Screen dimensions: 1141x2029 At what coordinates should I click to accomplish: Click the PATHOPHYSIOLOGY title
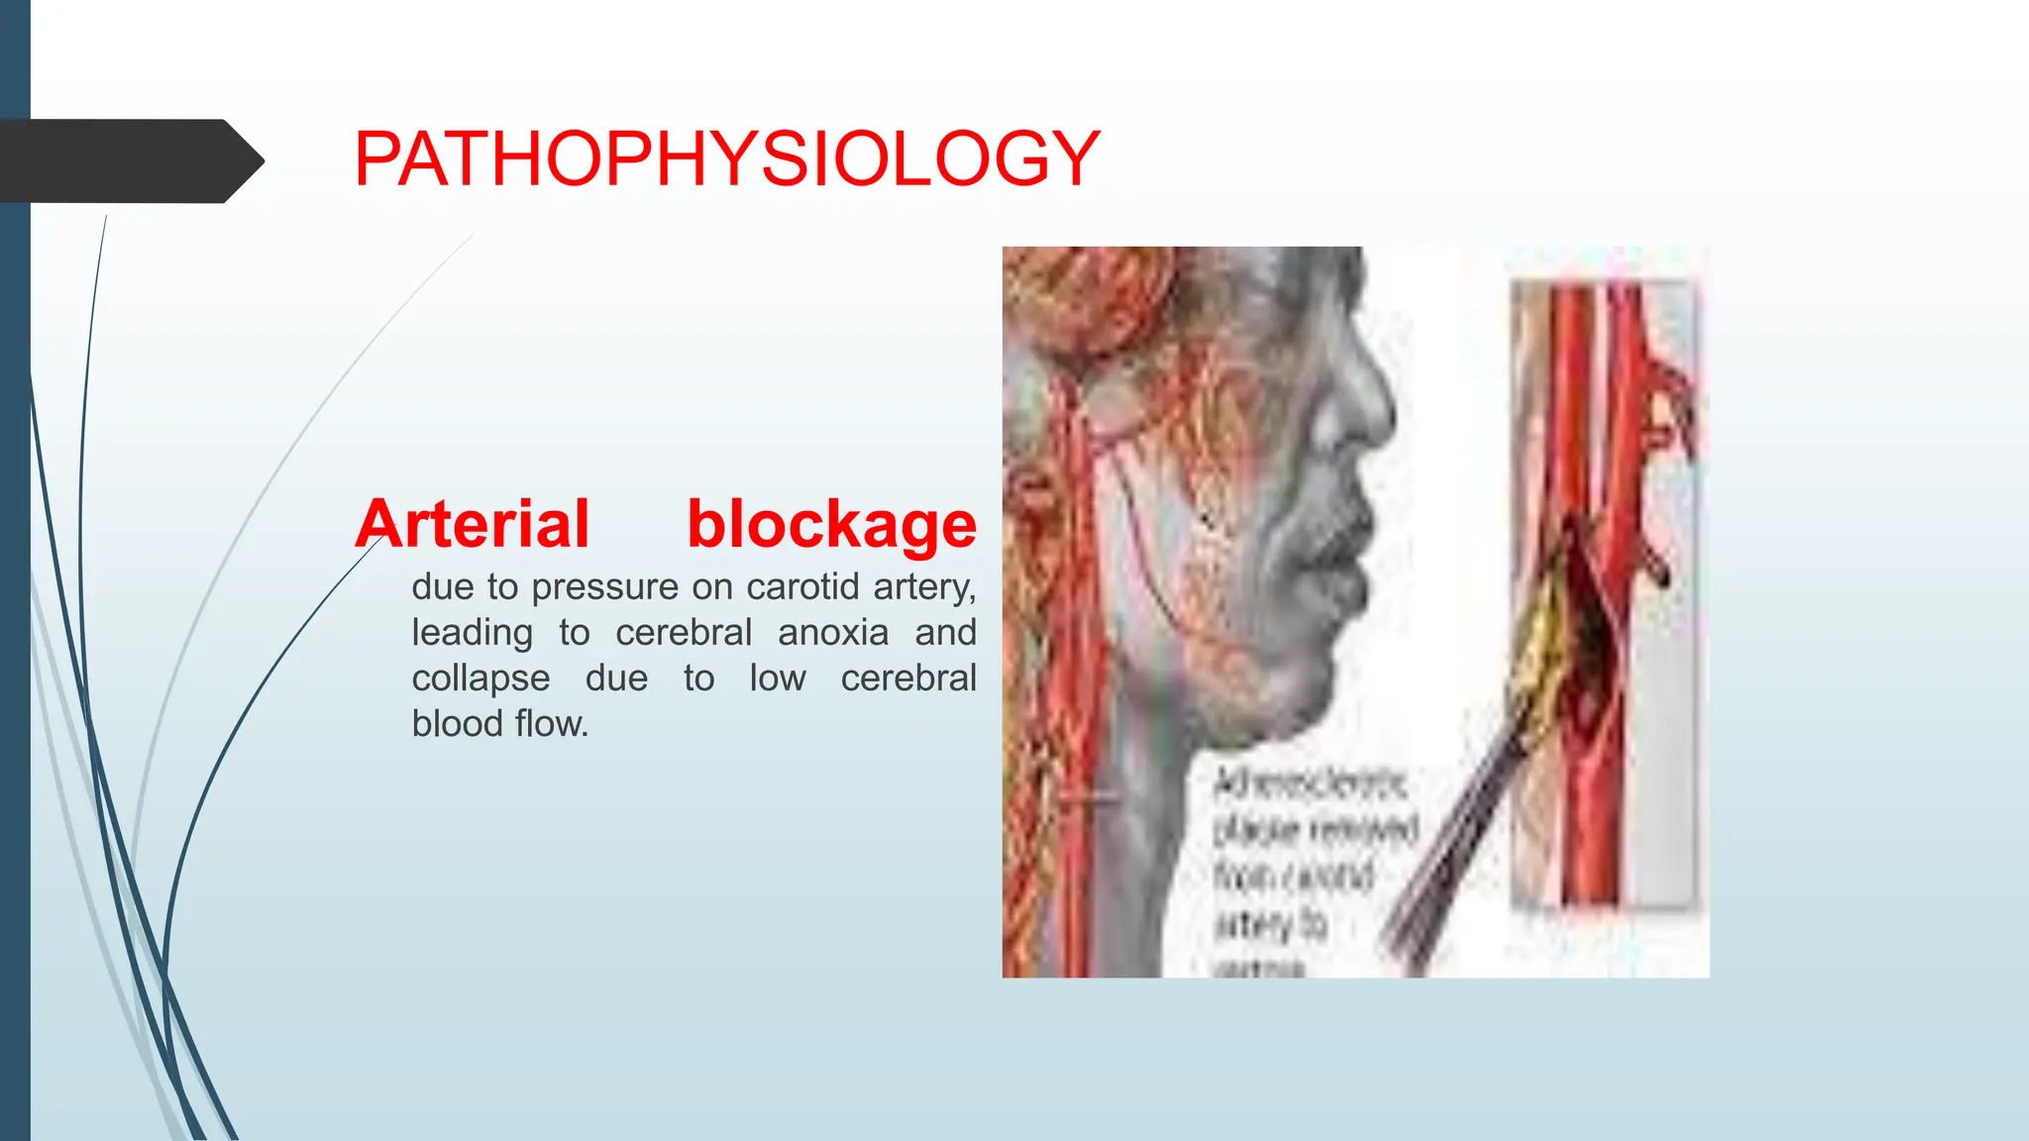click(726, 158)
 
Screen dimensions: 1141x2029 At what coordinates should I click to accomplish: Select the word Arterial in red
click(473, 524)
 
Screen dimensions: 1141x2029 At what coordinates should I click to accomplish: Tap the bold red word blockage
click(831, 524)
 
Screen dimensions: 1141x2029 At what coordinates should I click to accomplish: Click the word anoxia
click(833, 633)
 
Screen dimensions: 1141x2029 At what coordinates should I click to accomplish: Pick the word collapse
click(481, 678)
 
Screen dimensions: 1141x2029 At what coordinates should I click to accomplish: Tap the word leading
click(472, 633)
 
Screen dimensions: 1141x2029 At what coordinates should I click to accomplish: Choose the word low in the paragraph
click(778, 678)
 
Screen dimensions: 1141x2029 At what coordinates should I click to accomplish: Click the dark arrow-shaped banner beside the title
click(129, 160)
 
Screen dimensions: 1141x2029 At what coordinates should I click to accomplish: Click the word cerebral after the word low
click(908, 678)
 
